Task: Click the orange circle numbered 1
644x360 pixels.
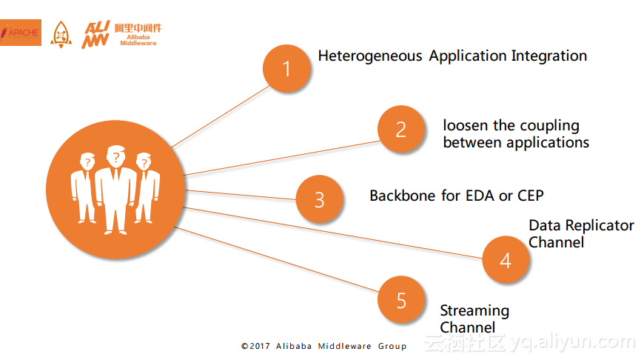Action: click(x=287, y=69)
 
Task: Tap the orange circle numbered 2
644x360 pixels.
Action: click(x=401, y=130)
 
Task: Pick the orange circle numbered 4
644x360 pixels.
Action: click(x=506, y=260)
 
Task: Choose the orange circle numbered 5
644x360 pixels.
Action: click(x=401, y=300)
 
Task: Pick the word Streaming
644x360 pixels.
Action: click(x=474, y=310)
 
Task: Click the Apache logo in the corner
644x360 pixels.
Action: click(x=20, y=33)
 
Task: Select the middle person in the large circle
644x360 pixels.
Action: click(x=115, y=189)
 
